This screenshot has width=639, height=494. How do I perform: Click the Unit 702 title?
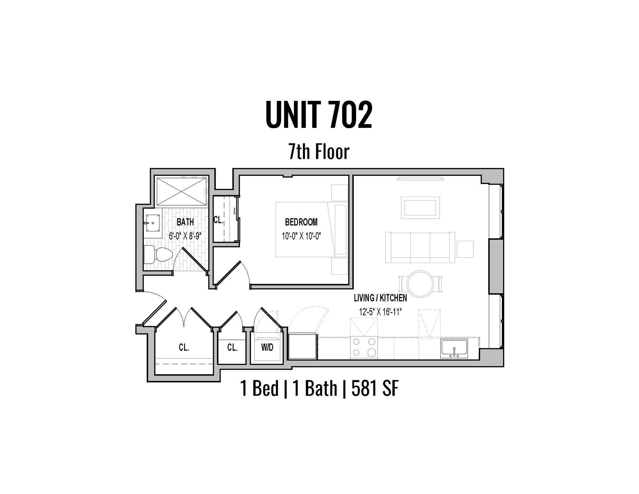pyautogui.click(x=319, y=115)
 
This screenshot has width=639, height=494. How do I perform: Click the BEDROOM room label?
pyautogui.click(x=301, y=222)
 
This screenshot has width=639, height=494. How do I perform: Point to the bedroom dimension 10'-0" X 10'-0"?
pyautogui.click(x=301, y=236)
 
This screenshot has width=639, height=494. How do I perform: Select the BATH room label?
pyautogui.click(x=185, y=222)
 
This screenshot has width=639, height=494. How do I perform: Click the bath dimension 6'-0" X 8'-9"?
pyautogui.click(x=185, y=236)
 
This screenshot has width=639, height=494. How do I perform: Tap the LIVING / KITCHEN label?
pyautogui.click(x=380, y=298)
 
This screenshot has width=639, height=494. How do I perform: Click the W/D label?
pyautogui.click(x=267, y=348)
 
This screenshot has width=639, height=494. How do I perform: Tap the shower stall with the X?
pyautogui.click(x=181, y=192)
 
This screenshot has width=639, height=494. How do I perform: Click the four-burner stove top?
pyautogui.click(x=364, y=348)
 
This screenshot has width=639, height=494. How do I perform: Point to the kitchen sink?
pyautogui.click(x=454, y=349)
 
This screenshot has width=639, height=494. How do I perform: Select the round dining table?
pyautogui.click(x=421, y=284)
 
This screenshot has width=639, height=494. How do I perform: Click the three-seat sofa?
pyautogui.click(x=421, y=247)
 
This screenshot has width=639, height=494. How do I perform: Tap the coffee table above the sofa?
pyautogui.click(x=421, y=208)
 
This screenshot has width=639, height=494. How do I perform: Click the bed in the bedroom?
pyautogui.click(x=312, y=229)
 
